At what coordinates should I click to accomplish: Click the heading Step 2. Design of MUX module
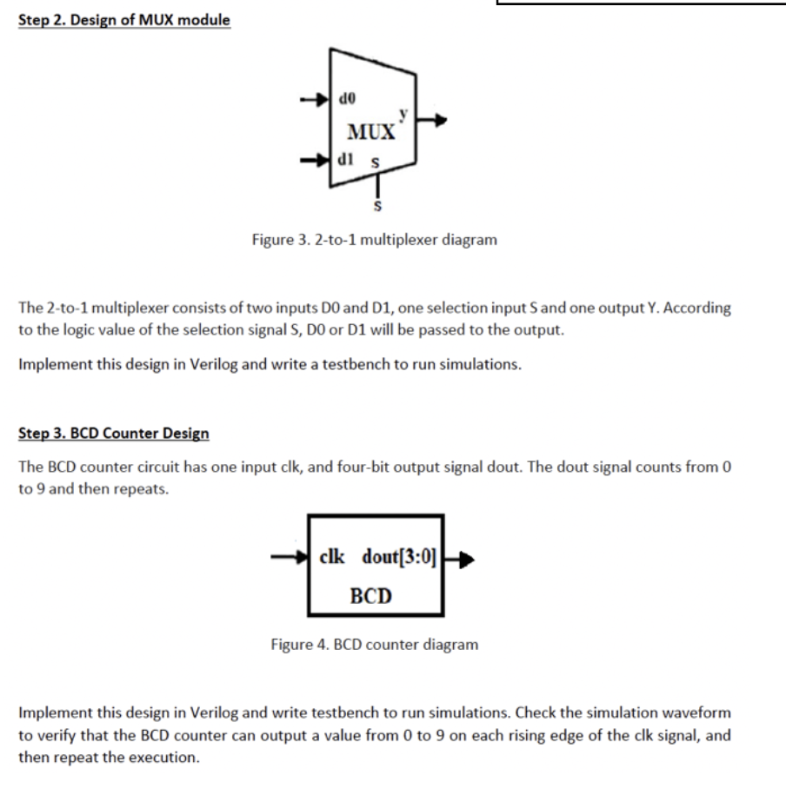[124, 20]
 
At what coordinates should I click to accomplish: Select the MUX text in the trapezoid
[370, 133]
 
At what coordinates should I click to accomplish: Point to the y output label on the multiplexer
[402, 113]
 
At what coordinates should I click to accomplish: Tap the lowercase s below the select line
[376, 207]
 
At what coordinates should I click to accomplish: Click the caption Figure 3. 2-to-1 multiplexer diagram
[374, 239]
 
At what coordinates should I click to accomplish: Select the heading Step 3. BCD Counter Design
[114, 433]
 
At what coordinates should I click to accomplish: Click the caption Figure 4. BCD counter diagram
[374, 645]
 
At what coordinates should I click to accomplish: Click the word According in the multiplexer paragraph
[697, 308]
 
